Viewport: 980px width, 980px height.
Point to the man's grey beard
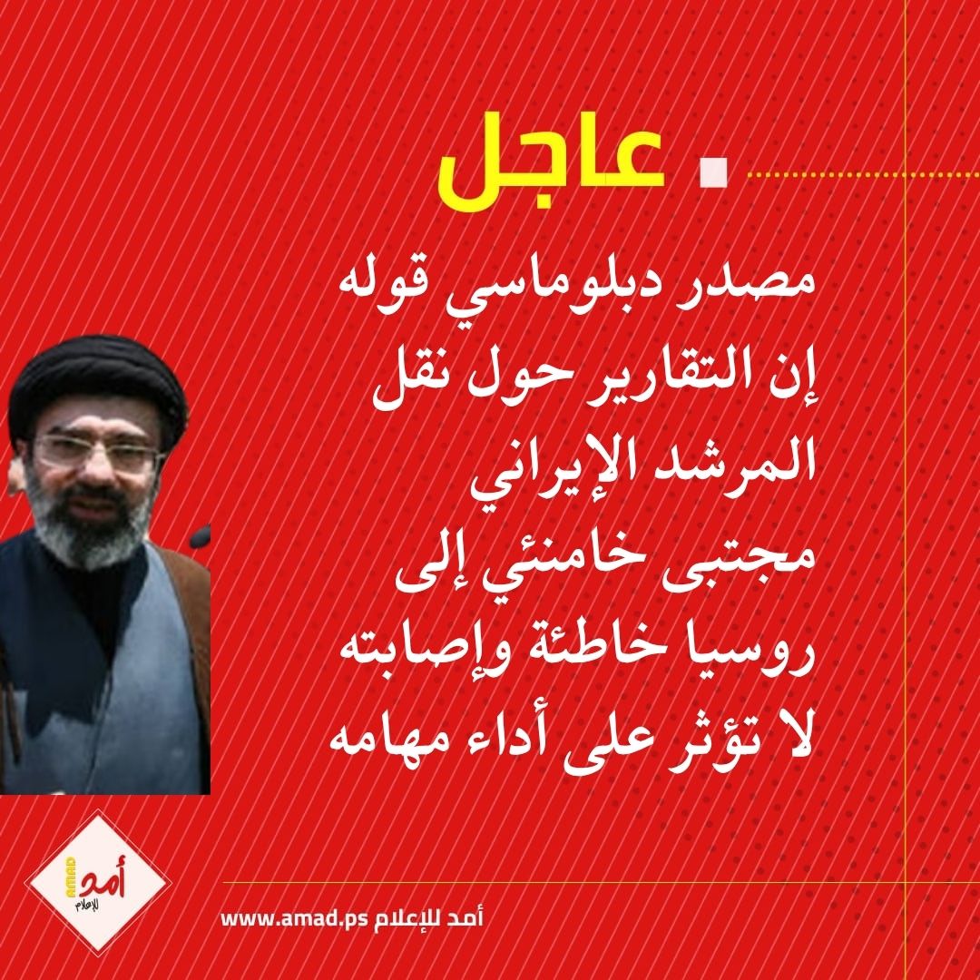(91, 526)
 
